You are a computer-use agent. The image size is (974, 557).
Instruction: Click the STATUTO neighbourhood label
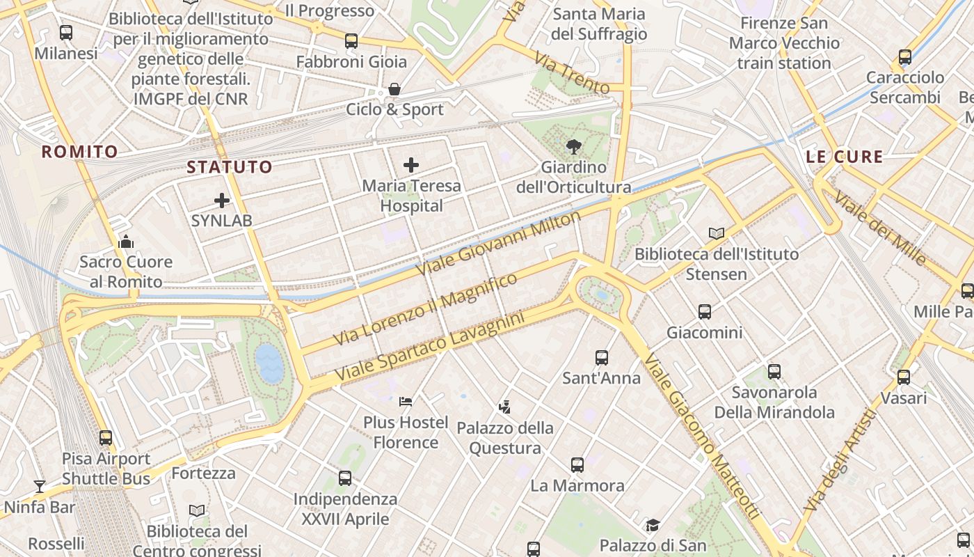tap(229, 167)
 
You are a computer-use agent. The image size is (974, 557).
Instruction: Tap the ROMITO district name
tap(79, 152)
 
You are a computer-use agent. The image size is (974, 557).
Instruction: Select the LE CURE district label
tap(844, 157)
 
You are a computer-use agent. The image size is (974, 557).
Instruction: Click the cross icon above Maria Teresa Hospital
tap(411, 165)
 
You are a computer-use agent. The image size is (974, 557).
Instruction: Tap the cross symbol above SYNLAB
tap(222, 201)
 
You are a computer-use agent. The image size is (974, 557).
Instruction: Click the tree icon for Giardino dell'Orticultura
tap(574, 146)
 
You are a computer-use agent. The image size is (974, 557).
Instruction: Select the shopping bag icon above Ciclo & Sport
tap(394, 89)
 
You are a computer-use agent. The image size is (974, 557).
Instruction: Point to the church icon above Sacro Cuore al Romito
tap(126, 242)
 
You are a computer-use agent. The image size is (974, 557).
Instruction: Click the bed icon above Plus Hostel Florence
tap(406, 402)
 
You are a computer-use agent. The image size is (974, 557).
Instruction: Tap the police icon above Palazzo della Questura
tap(505, 407)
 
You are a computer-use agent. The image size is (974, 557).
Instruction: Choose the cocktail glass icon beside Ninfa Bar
tap(40, 486)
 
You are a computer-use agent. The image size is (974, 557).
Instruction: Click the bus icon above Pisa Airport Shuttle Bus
tap(106, 438)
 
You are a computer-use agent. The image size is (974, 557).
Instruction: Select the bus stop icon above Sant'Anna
tap(602, 358)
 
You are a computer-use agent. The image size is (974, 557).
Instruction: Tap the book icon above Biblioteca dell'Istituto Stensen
tap(717, 233)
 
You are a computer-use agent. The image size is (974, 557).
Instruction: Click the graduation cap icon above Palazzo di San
tap(653, 525)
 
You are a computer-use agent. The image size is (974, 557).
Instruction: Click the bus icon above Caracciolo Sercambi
tap(905, 57)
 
